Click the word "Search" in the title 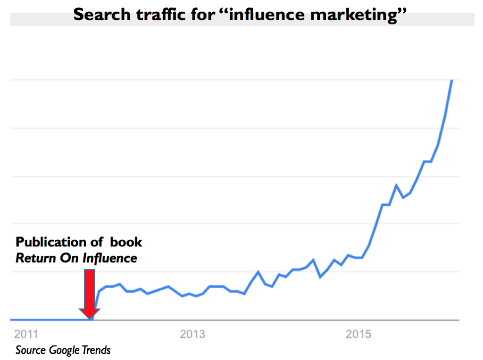pos(101,15)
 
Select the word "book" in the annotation pos(126,242)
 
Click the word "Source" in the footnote pos(30,350)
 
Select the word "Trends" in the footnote pos(96,350)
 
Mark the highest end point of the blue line pos(452,81)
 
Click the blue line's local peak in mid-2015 pos(397,185)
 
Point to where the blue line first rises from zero pos(92,319)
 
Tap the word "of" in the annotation pos(97,242)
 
